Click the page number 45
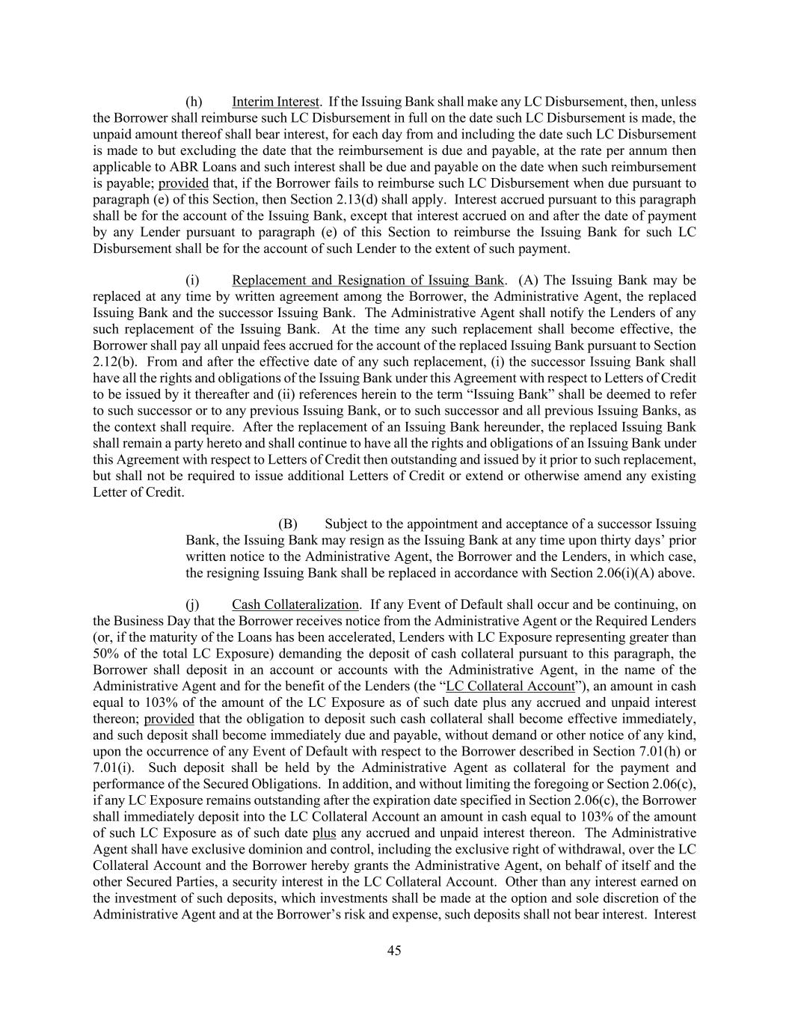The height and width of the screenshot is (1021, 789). tap(394, 951)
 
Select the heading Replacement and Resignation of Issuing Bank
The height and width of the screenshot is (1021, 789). tap(368, 280)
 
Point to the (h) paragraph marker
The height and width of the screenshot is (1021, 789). tap(194, 101)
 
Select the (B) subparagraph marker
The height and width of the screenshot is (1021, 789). tap(288, 524)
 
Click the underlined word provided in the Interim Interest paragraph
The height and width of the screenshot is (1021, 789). tap(183, 183)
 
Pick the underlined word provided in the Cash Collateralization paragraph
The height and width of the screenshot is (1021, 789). tap(169, 719)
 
